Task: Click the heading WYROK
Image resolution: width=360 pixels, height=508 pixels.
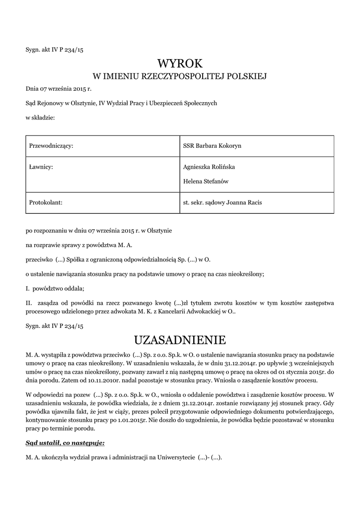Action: pos(180,63)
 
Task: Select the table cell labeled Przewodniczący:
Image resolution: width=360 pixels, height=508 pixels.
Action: pos(52,145)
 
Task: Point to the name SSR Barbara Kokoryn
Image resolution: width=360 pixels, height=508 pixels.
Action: pos(212,145)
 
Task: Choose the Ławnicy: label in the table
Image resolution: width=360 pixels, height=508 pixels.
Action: pos(41,168)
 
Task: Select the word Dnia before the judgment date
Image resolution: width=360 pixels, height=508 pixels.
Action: pos(32,90)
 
